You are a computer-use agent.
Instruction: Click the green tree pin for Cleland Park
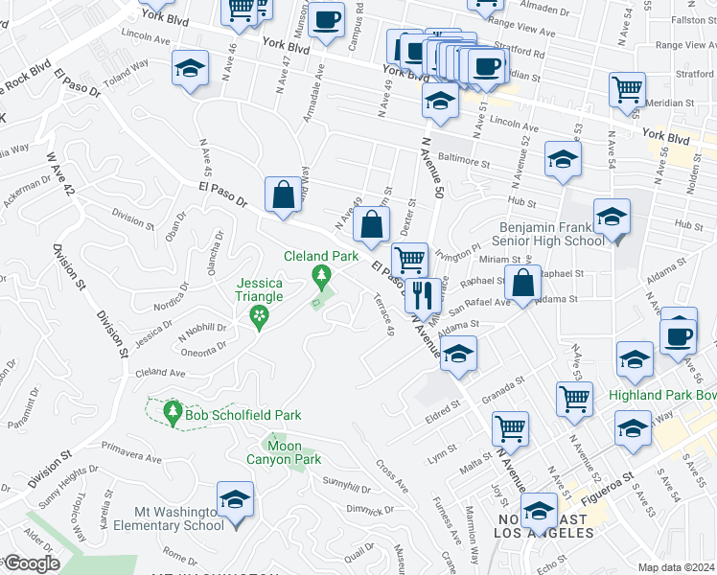321,278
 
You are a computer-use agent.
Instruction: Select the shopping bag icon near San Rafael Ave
521,284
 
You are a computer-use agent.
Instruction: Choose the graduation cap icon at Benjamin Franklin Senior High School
612,218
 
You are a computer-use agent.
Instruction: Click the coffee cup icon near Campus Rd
326,19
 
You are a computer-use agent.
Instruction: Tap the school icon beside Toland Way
190,69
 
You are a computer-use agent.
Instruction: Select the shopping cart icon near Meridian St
627,89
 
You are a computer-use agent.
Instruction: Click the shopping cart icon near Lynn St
510,429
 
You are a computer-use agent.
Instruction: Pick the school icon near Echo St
539,511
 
